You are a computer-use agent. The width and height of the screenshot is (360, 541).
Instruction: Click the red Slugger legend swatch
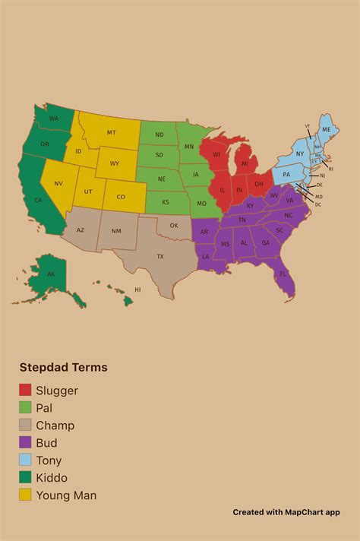[x=25, y=391]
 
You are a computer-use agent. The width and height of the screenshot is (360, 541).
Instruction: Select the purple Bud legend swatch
[x=25, y=443]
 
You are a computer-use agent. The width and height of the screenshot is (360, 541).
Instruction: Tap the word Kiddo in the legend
[x=51, y=478]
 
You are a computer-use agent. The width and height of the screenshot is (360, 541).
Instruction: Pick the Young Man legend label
[x=66, y=495]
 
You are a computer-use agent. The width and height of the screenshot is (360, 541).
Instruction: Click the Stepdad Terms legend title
[x=63, y=368]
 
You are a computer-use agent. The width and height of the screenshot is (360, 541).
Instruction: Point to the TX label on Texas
[x=160, y=257]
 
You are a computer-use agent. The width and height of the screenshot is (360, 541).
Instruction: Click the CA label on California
[x=37, y=200]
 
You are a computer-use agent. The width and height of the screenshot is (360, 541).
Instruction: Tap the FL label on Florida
[x=282, y=274]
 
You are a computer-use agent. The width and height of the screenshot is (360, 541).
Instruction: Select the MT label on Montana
[x=112, y=132]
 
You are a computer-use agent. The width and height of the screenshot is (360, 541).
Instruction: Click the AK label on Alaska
[x=51, y=274]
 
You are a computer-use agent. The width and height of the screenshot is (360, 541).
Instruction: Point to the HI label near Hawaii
[x=137, y=289]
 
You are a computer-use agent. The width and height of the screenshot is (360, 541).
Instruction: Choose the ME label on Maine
[x=327, y=130]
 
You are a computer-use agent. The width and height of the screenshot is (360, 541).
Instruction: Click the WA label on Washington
[x=54, y=119]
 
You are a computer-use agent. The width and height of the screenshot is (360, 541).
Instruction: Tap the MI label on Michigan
[x=245, y=163]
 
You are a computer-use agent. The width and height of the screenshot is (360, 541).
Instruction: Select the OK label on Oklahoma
[x=174, y=226]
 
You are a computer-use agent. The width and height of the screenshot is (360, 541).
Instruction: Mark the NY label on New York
[x=299, y=154]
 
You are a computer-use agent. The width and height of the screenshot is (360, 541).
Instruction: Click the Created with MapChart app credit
[x=286, y=512]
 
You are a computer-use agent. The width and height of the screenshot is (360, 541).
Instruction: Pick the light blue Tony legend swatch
[x=25, y=460]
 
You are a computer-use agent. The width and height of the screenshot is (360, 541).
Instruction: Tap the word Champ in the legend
[x=55, y=426]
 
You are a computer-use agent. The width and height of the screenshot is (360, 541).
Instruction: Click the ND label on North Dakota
[x=159, y=135]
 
